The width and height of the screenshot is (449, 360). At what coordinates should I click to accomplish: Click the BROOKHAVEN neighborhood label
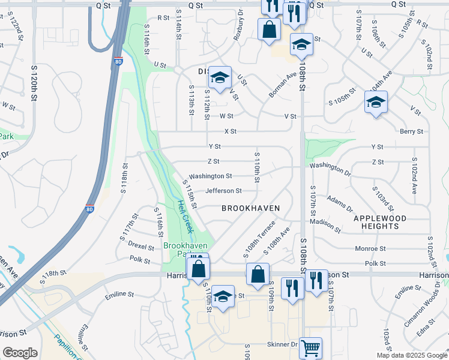[250, 208]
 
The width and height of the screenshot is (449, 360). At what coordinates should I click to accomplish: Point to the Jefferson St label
[223, 191]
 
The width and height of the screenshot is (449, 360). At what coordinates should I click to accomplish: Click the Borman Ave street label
[283, 85]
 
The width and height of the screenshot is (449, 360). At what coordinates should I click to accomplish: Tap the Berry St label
[411, 131]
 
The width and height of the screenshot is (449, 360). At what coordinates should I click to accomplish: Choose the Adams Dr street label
[340, 203]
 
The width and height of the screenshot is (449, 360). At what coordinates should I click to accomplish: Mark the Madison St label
[325, 226]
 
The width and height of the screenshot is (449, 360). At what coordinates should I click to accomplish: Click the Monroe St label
[370, 248]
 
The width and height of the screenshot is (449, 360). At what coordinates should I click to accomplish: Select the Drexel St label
[141, 245]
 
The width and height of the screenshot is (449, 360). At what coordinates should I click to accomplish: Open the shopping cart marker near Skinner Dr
[310, 347]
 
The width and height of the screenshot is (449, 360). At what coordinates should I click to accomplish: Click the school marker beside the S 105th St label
[376, 103]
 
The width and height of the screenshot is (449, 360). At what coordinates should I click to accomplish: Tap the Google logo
[20, 353]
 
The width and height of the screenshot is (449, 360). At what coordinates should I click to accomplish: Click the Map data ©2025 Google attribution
[411, 355]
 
